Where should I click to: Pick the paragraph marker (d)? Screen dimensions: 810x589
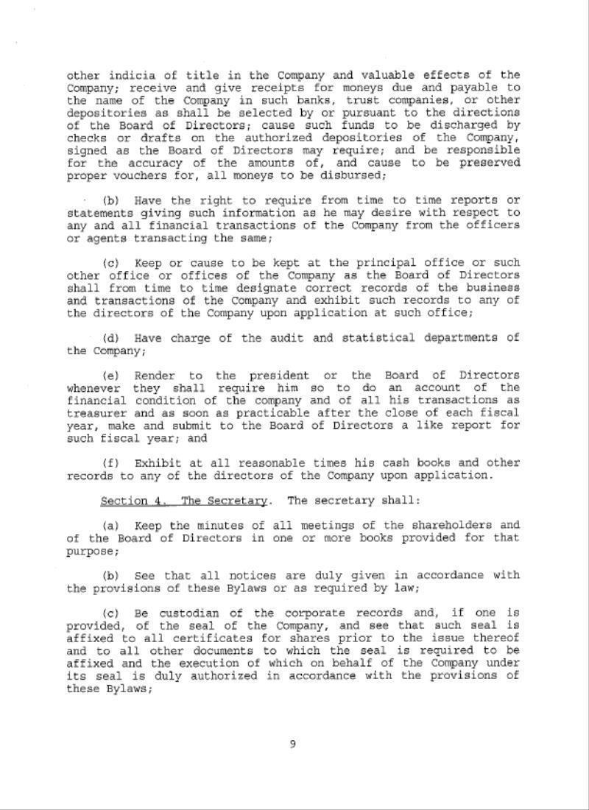pos(111,337)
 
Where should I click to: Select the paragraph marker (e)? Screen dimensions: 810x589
pos(111,376)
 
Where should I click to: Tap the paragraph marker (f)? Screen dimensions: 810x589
pos(111,463)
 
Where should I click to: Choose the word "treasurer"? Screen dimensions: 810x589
pos(96,413)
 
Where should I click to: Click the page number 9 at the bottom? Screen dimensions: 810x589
pos(293,744)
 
